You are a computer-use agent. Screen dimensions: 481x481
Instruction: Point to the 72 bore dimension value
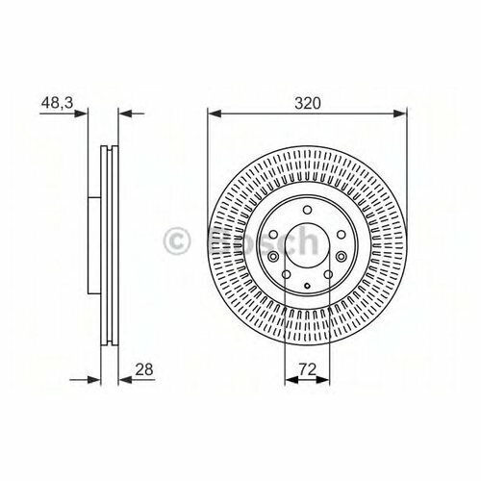tap(307, 368)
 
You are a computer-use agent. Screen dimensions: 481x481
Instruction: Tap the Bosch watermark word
tap(260, 240)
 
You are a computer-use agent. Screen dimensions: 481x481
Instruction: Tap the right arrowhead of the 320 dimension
tap(401, 113)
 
